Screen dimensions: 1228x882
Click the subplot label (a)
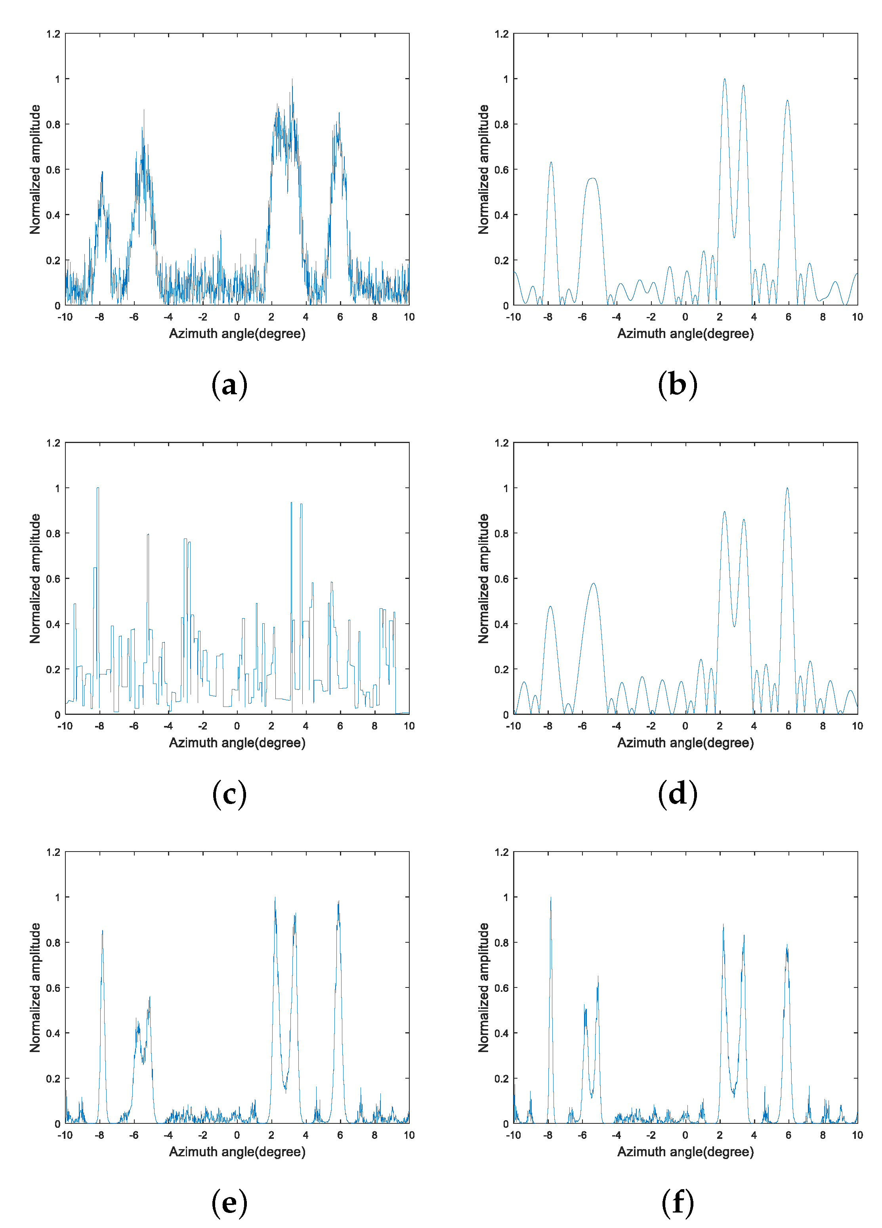[x=229, y=385]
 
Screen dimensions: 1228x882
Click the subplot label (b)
[x=677, y=385]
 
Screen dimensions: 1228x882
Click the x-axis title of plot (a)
[x=237, y=334]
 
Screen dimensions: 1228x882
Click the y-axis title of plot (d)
[x=483, y=578]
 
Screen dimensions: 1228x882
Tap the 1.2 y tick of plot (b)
[x=501, y=34]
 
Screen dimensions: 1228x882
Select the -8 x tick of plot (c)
[x=99, y=726]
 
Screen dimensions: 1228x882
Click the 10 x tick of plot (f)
[x=857, y=1135]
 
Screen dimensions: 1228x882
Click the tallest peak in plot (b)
[x=724, y=80]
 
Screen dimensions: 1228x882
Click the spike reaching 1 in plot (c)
[x=98, y=488]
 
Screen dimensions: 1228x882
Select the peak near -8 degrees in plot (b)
[x=551, y=162]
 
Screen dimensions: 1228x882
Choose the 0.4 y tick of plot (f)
[x=501, y=1033]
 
